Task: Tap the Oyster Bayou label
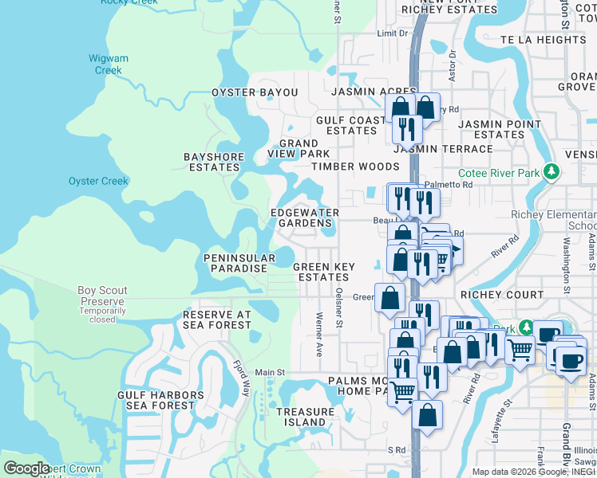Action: click(x=255, y=93)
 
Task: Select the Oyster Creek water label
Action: click(x=98, y=181)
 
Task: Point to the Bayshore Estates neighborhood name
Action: click(x=213, y=162)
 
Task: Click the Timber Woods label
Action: click(x=355, y=167)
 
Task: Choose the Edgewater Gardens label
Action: click(x=304, y=218)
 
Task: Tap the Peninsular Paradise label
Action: click(x=235, y=264)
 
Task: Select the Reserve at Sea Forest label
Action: click(x=217, y=319)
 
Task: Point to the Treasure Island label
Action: click(x=306, y=417)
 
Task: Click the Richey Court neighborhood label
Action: click(x=503, y=294)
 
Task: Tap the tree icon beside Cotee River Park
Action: click(x=550, y=172)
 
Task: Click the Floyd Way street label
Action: click(x=242, y=374)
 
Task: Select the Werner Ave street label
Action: click(x=318, y=334)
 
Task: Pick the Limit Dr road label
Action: click(x=392, y=33)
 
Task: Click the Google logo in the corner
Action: click(x=26, y=468)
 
